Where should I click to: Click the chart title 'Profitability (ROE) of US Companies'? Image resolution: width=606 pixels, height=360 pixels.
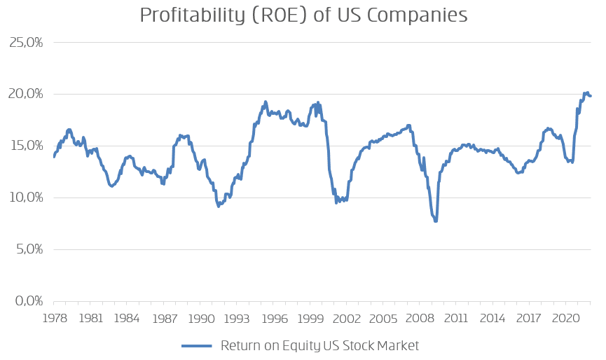[x=303, y=15]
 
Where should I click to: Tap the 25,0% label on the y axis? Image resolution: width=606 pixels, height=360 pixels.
[x=27, y=42]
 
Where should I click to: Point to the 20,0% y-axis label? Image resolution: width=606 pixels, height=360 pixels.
[x=27, y=94]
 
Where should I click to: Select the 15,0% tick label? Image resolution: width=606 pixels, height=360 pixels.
[x=27, y=146]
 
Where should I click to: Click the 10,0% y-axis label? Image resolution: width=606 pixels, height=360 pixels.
[x=27, y=198]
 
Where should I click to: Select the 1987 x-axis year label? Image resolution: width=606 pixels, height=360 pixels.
[x=165, y=318]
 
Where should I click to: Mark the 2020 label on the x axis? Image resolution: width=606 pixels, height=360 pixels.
[x=565, y=318]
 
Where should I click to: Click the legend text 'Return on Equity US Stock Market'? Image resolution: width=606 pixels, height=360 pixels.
[x=319, y=345]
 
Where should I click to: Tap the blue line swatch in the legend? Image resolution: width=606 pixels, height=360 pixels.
[x=197, y=346]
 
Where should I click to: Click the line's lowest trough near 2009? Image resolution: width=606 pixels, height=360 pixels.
[x=435, y=221]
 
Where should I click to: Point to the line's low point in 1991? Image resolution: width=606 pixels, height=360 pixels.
[x=219, y=206]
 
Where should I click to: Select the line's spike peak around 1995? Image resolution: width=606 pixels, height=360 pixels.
[x=266, y=102]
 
